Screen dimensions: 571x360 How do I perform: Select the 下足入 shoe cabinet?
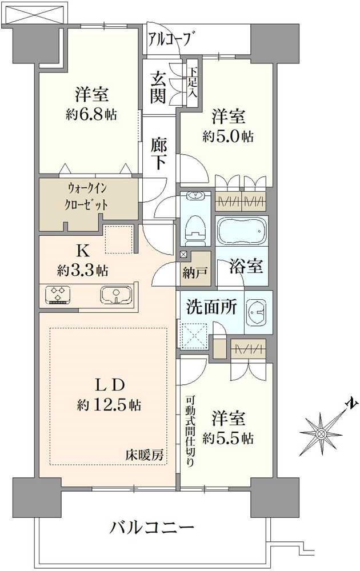pos(192,83)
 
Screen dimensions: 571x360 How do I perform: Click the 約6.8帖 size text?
pos(91,114)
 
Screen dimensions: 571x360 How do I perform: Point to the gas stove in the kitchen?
pos(57,296)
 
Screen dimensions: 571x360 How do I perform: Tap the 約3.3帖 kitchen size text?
pos(83,270)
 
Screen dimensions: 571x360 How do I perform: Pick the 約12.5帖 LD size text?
pos(109,406)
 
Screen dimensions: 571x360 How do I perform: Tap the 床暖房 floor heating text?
pos(145,455)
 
